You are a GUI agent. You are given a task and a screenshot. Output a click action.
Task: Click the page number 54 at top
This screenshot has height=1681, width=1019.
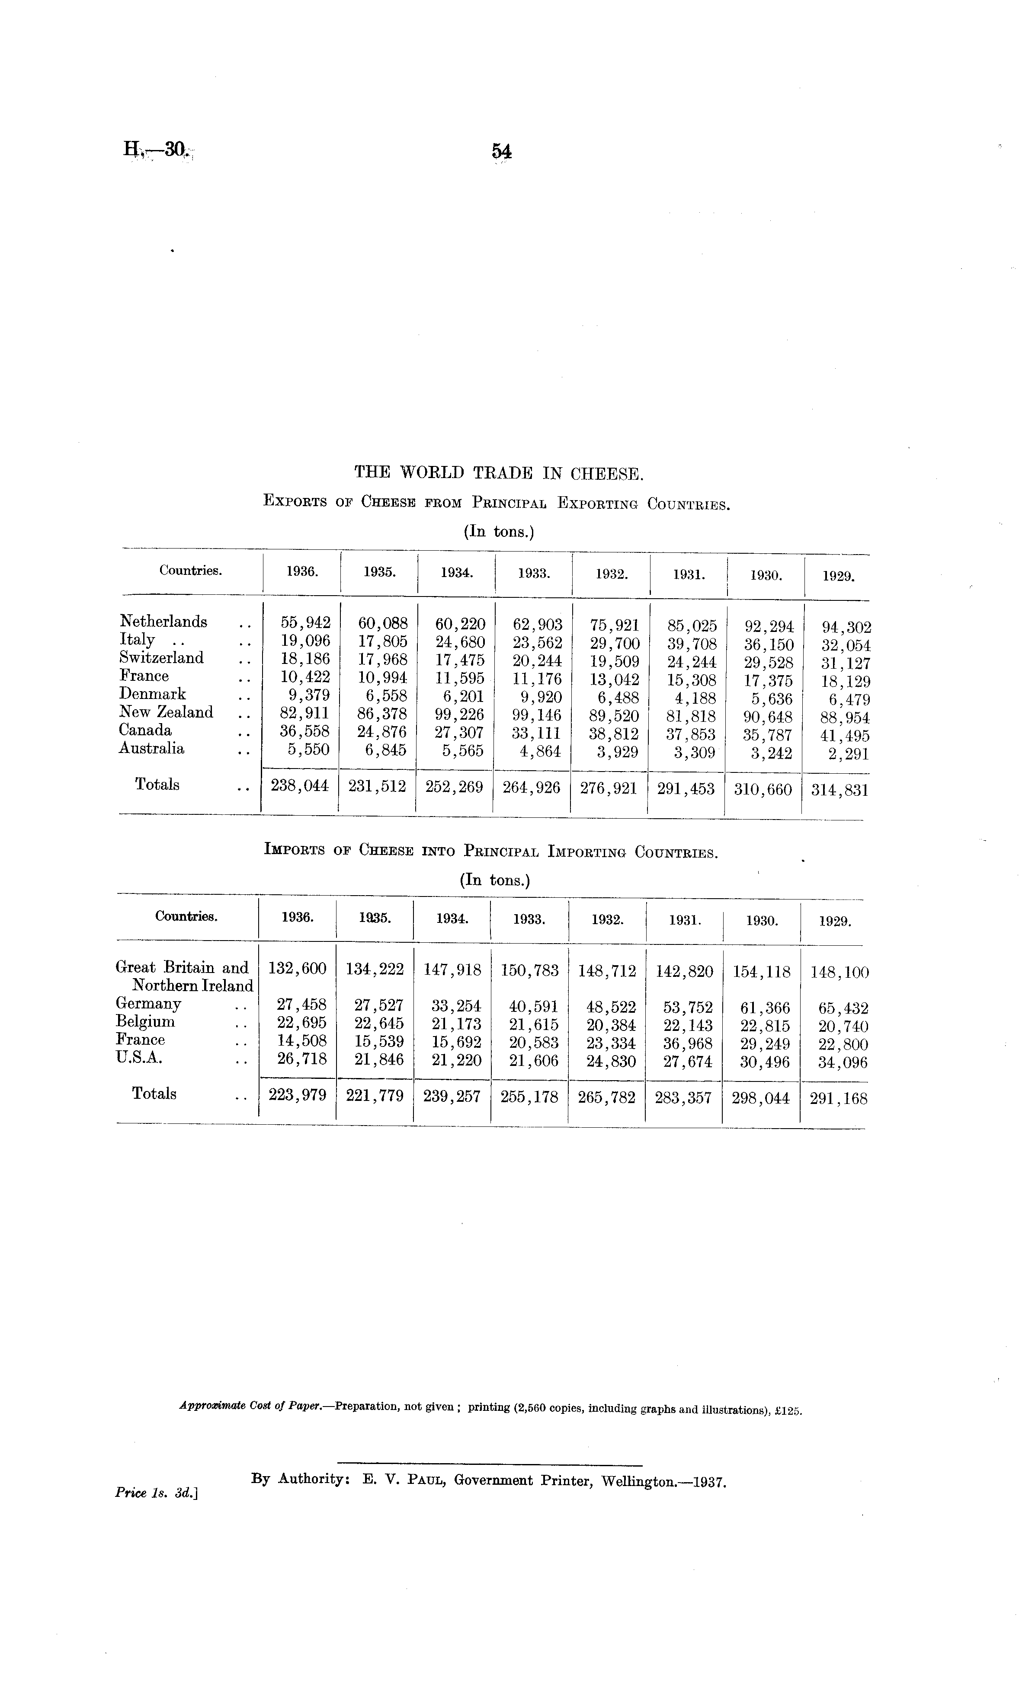click(x=502, y=151)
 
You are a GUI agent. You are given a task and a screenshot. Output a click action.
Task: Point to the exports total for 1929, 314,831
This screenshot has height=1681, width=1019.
click(x=840, y=790)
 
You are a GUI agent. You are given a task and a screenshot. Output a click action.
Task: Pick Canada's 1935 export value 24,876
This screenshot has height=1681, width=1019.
click(x=383, y=732)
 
